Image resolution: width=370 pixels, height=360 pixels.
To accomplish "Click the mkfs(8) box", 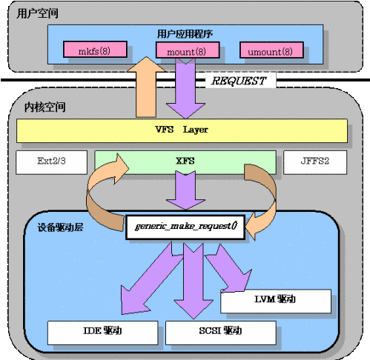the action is [95, 50].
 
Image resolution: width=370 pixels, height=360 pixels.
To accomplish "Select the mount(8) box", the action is [188, 50].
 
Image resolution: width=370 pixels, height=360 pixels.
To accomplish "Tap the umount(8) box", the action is [271, 50].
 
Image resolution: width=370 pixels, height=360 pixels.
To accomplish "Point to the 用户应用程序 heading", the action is [185, 34].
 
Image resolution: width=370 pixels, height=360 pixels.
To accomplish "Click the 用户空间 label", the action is [38, 13].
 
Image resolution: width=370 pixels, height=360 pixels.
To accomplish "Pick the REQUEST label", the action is [239, 81].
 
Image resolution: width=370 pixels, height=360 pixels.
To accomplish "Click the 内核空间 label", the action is [45, 107].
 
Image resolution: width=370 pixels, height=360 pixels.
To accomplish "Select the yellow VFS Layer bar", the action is [182, 130].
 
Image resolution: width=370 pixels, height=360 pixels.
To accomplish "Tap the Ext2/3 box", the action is [52, 162].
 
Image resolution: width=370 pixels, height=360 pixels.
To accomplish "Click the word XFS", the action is [185, 161].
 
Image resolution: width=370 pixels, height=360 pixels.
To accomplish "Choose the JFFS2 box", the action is [315, 162].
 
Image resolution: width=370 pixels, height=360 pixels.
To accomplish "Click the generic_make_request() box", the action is [185, 227].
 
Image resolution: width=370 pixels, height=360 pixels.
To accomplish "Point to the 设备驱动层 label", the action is [60, 227].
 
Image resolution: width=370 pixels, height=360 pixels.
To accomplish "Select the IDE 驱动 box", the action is [102, 333].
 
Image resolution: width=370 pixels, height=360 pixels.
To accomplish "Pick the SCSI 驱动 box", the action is [221, 333].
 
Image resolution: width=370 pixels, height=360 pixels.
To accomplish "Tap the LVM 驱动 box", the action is [276, 301].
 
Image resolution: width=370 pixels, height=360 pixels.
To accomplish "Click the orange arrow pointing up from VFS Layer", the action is [146, 87].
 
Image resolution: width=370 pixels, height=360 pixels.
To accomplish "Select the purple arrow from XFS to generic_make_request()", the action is [185, 190].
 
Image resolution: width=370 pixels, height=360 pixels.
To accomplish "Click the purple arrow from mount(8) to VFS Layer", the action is [185, 88].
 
